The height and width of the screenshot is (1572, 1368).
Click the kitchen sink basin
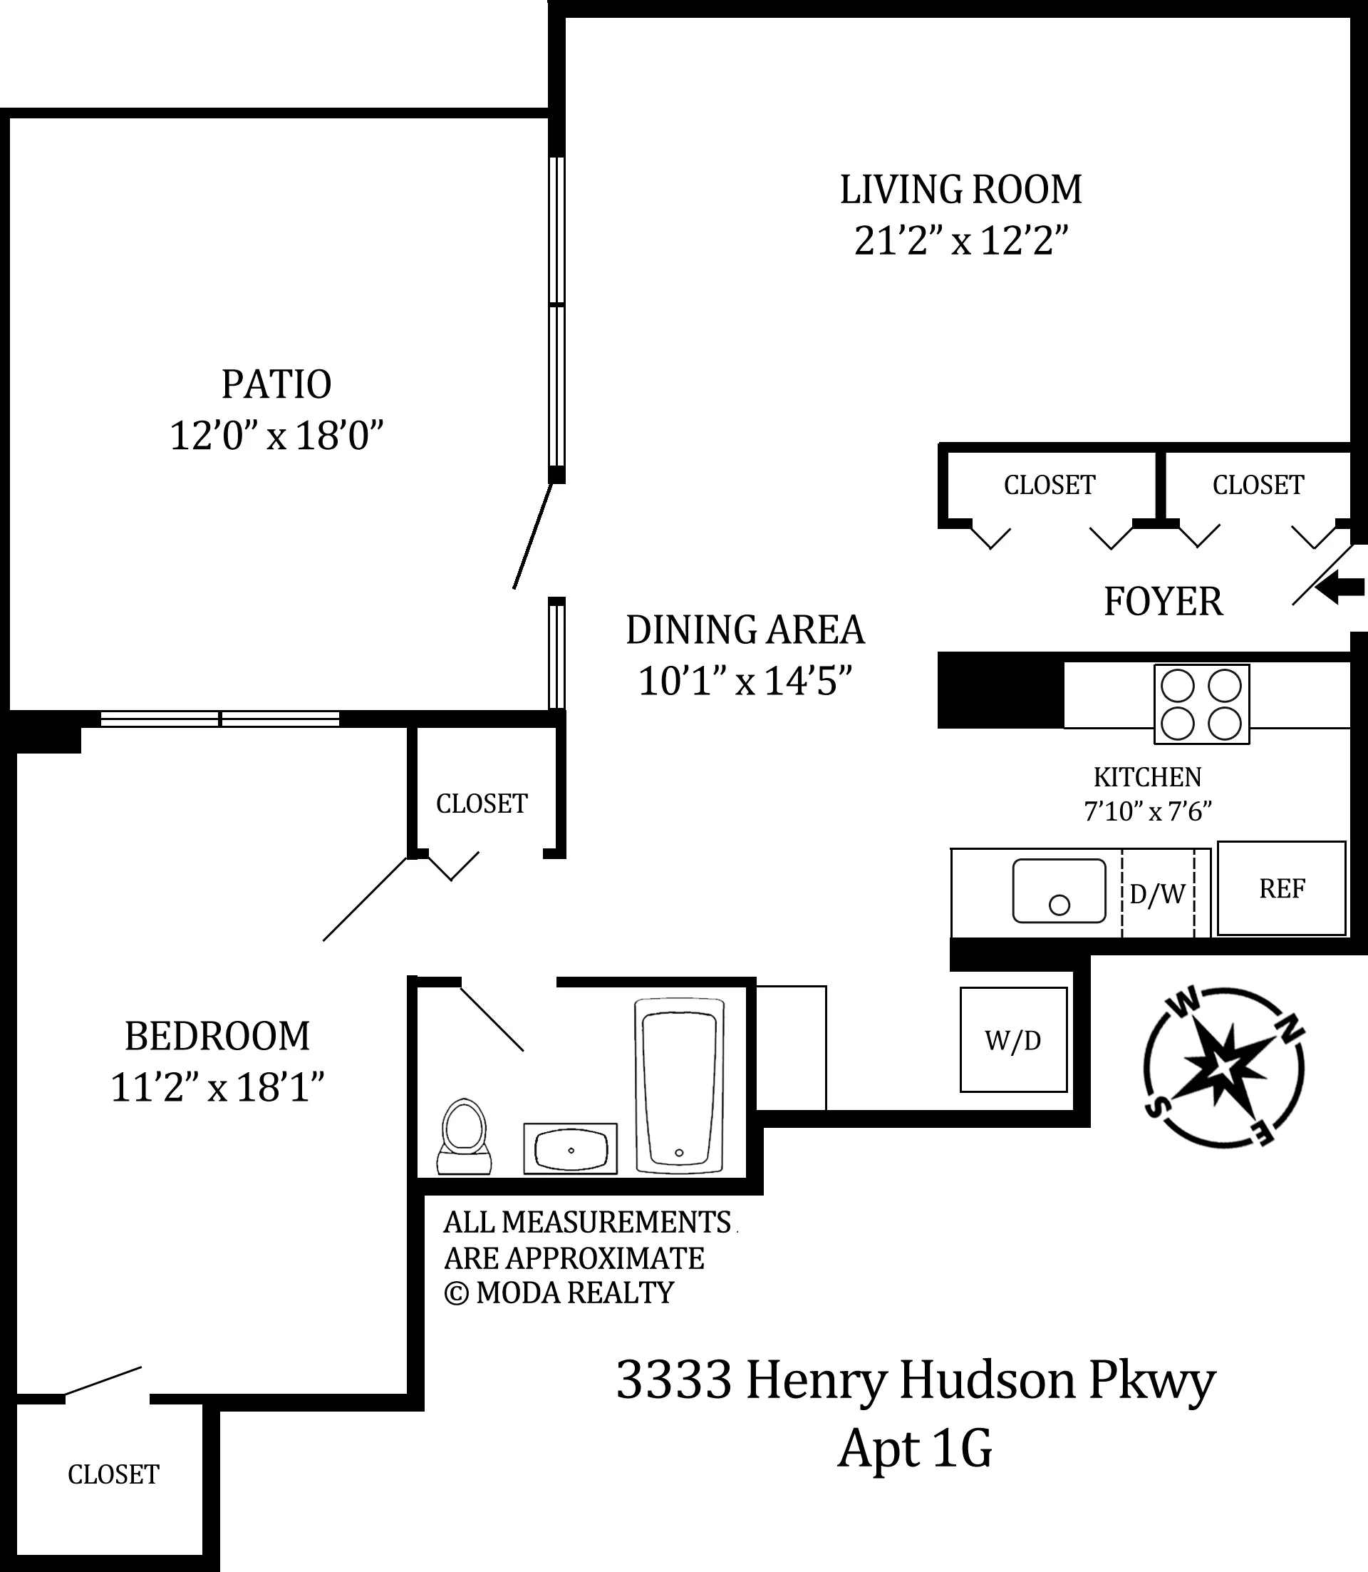click(1058, 890)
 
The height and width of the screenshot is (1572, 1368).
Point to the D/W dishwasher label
click(1156, 894)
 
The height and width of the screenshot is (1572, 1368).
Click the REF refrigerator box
click(1281, 888)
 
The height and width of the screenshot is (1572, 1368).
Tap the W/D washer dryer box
click(1012, 1040)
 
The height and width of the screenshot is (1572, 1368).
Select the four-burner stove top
click(1201, 704)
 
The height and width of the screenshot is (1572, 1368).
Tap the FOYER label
click(1163, 602)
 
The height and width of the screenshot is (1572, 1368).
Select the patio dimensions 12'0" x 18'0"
click(276, 436)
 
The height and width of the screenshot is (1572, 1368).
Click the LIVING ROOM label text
click(960, 190)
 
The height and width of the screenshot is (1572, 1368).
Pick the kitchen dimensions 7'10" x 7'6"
click(1147, 811)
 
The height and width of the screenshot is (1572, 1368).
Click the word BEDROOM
click(217, 1037)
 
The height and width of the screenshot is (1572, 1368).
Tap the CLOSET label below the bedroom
click(113, 1474)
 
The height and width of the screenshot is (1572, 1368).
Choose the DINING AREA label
click(745, 630)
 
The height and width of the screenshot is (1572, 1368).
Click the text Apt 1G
click(915, 1449)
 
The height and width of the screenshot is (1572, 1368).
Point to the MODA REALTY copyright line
click(559, 1293)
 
